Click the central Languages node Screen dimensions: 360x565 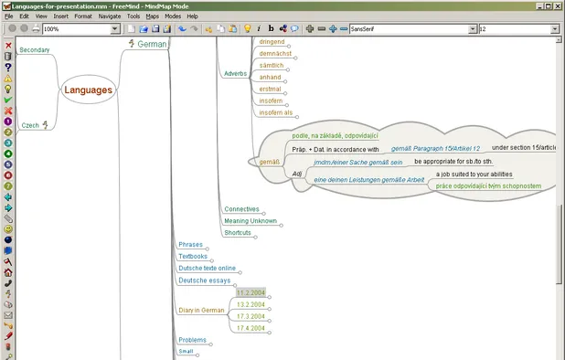point(88,90)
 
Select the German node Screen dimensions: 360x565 point(152,44)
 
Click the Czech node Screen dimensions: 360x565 point(31,125)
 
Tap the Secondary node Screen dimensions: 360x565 point(35,49)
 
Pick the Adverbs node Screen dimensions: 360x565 point(235,73)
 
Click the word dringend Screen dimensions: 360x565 point(272,42)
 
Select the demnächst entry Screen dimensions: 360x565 point(275,54)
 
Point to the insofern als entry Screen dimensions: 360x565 point(276,113)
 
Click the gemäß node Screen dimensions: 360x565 point(268,161)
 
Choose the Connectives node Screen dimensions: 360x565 point(241,209)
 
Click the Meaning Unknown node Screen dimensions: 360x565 point(250,221)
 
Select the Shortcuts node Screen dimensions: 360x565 point(237,233)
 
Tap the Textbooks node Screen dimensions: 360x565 point(193,257)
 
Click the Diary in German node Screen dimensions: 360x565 point(201,311)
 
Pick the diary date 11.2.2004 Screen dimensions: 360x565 point(251,292)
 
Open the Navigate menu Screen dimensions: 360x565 point(110,16)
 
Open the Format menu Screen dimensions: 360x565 point(83,16)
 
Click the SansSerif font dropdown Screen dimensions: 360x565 point(411,29)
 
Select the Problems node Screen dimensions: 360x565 point(192,340)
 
